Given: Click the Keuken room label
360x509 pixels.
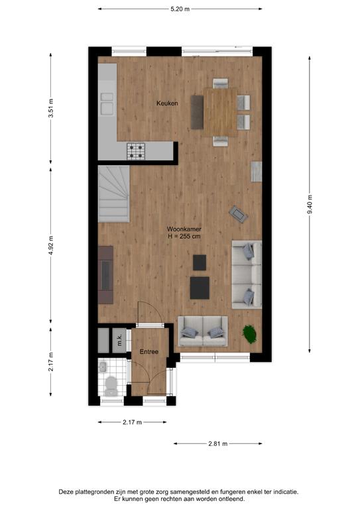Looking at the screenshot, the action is tap(167, 103).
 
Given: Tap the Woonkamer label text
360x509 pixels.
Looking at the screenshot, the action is tap(184, 229).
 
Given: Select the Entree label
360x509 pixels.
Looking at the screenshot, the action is tap(149, 351).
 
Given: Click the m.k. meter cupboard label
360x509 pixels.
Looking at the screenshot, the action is tap(119, 340).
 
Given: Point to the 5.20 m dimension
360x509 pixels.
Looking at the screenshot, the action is tap(180, 9).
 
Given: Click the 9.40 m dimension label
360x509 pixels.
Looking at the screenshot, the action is tap(310, 205).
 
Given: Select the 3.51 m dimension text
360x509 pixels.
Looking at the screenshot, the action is tap(51, 108).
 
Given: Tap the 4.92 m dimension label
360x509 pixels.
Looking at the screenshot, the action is tap(51, 246).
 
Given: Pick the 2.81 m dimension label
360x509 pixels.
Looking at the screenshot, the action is tap(218, 443).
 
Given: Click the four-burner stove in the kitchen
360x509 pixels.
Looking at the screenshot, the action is tap(136, 151).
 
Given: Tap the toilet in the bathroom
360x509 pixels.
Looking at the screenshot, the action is tap(111, 386).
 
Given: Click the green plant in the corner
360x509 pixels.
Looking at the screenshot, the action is tap(249, 334).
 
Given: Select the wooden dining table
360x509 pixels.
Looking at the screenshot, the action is tap(220, 112).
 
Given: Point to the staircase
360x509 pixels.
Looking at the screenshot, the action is tap(114, 194).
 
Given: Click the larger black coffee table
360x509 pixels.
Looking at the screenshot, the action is tap(200, 288).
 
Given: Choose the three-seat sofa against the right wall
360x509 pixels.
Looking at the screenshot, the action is tap(247, 274).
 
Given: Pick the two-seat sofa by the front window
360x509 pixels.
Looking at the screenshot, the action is tap(203, 331).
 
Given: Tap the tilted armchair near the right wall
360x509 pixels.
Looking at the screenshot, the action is tap(239, 214).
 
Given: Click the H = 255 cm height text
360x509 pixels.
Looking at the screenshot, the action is tap(184, 237).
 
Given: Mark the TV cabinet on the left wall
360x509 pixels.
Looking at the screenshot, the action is tap(105, 274).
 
